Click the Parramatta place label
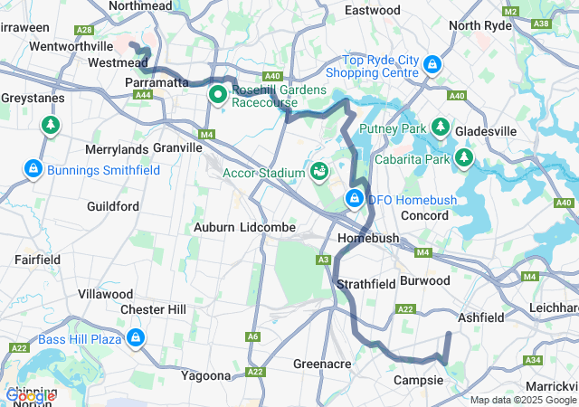pyautogui.click(x=155, y=81)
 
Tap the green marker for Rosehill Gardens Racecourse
pyautogui.click(x=218, y=93)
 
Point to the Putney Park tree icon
pyautogui.click(x=441, y=128)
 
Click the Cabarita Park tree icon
pyautogui.click(x=464, y=159)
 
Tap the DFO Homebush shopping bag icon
pyautogui.click(x=355, y=199)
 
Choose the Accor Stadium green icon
pyautogui.click(x=318, y=170)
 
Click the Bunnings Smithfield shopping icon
pyautogui.click(x=33, y=169)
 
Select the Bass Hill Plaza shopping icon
pyautogui.click(x=135, y=338)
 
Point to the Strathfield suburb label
pyautogui.click(x=365, y=284)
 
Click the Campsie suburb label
pyautogui.click(x=418, y=380)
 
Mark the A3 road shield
pyautogui.click(x=323, y=260)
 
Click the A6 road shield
pyautogui.click(x=252, y=336)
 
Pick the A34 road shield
pyautogui.click(x=533, y=360)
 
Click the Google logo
pyautogui.click(x=30, y=395)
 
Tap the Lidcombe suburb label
pyautogui.click(x=268, y=228)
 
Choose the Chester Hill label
pyautogui.click(x=153, y=309)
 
